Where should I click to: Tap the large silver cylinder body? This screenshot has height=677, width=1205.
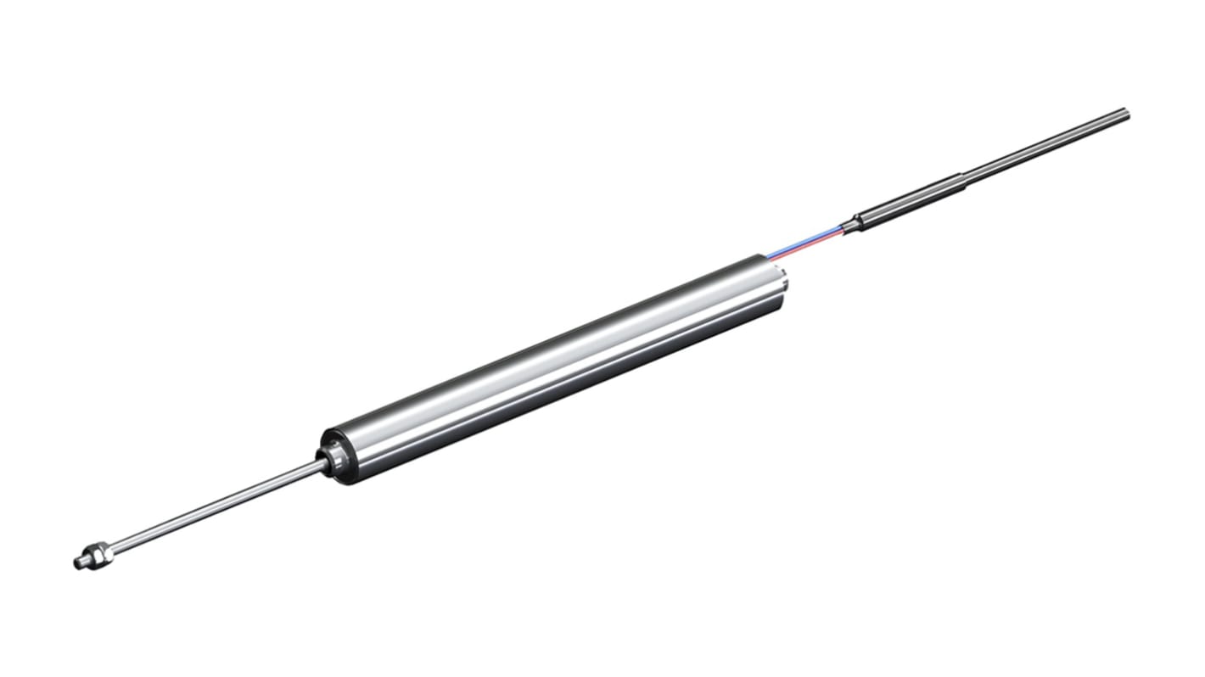click(552, 373)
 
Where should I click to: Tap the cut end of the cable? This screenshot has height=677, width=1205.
click(1125, 111)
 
